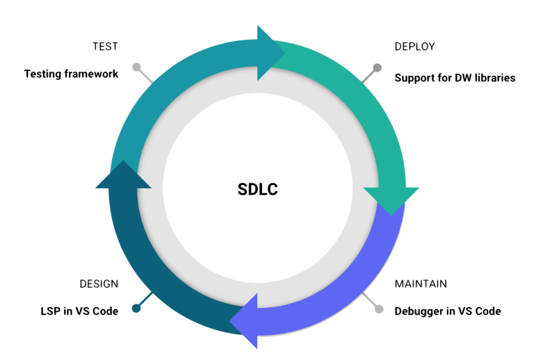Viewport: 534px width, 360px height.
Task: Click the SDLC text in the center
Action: point(257,189)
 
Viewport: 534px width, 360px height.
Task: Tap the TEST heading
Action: point(106,47)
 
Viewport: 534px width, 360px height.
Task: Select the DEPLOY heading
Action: point(415,47)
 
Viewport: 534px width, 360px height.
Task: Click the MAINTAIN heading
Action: point(421,284)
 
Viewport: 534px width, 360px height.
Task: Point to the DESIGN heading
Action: point(99,284)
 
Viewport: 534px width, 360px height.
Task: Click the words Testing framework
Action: point(72,73)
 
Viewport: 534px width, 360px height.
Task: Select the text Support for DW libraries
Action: point(455,78)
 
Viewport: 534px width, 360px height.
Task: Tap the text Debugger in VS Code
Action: point(448,311)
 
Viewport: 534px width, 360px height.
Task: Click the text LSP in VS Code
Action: point(79,311)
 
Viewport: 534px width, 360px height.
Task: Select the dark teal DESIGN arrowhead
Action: point(122,174)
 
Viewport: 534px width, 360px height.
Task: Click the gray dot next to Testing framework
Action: point(136,68)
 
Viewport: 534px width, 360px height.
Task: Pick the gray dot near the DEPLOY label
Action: point(378,67)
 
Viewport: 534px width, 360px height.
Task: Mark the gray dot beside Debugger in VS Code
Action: point(379,309)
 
